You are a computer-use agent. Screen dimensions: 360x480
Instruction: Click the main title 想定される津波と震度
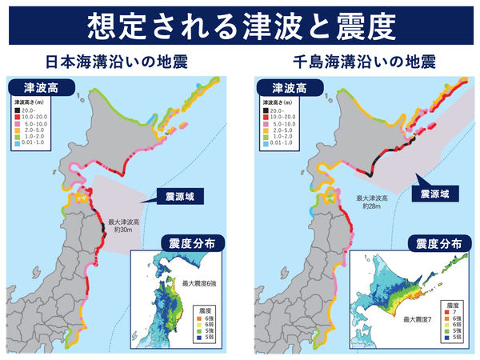(240, 26)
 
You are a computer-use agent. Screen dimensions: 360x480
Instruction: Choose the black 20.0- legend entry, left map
(32, 110)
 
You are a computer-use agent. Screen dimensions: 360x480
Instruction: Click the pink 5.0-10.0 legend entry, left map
(36, 123)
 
